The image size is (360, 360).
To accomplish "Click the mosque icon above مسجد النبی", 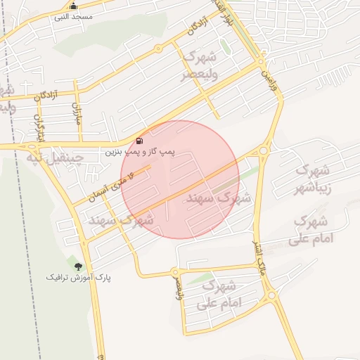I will coord(73,6).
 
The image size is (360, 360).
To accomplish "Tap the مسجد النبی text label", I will coord(73,16).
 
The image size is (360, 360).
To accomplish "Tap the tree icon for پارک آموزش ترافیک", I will coord(78,266).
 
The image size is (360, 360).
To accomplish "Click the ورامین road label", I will coord(266,77).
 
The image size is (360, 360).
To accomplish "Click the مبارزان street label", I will coord(77,113).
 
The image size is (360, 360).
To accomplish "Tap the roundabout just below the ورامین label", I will coord(264,150).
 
